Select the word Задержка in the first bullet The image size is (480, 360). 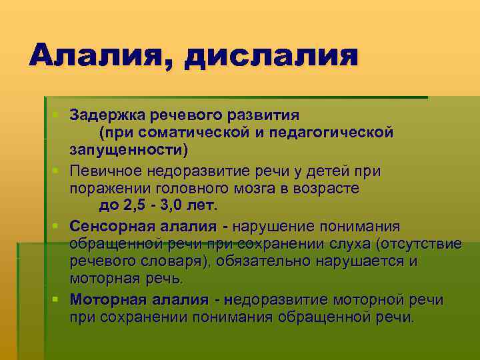coord(108,115)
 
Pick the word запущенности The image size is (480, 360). coord(127,148)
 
